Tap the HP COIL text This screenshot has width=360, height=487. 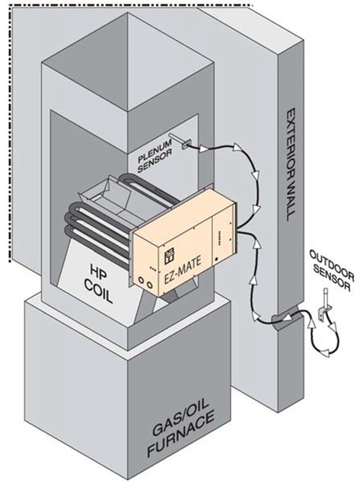click(x=97, y=284)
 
